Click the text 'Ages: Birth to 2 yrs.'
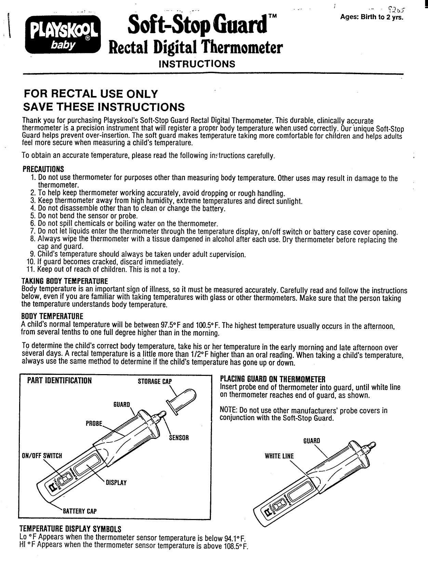[x=373, y=17]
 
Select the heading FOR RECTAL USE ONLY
[x=90, y=94]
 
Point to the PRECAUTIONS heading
[x=43, y=169]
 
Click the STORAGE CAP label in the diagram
[x=154, y=381]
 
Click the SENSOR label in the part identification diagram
[x=179, y=438]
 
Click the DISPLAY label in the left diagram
[x=116, y=482]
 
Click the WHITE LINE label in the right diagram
[x=279, y=456]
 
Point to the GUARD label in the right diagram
[x=312, y=441]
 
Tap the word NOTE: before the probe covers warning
[x=228, y=410]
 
